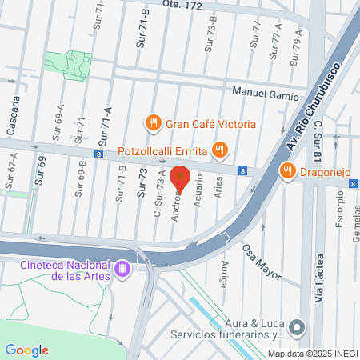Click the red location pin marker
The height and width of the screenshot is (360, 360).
click(x=182, y=179)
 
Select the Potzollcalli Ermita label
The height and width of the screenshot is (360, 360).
click(x=162, y=150)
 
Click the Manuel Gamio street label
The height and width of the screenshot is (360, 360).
click(x=260, y=92)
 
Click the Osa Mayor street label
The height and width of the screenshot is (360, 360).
click(x=262, y=262)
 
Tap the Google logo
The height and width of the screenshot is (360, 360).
click(x=26, y=350)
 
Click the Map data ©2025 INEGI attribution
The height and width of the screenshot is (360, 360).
click(x=311, y=354)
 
